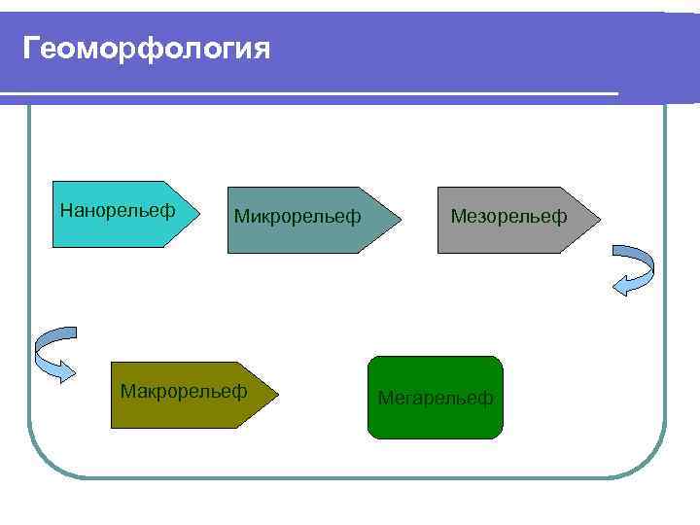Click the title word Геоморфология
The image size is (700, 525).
tap(146, 48)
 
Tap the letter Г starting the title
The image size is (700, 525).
tap(31, 48)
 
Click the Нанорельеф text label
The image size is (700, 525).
tap(118, 209)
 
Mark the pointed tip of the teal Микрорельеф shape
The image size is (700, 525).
tap(399, 220)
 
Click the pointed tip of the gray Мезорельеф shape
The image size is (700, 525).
tap(600, 220)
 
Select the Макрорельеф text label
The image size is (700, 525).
tap(183, 391)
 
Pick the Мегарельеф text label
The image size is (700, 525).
tap(436, 398)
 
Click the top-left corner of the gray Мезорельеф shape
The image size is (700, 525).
tap(438, 188)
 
